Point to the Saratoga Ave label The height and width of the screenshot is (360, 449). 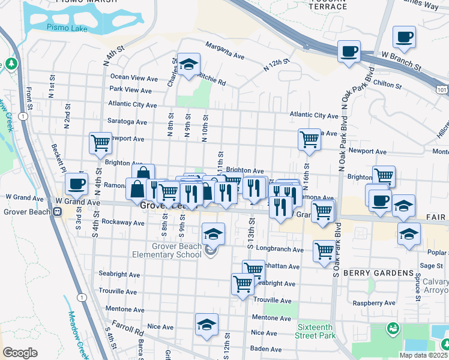click(x=127, y=122)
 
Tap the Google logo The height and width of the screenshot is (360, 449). click(x=20, y=353)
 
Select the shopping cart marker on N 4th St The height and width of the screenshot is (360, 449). click(x=100, y=143)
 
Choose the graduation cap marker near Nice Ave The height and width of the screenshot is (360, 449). click(x=206, y=324)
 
